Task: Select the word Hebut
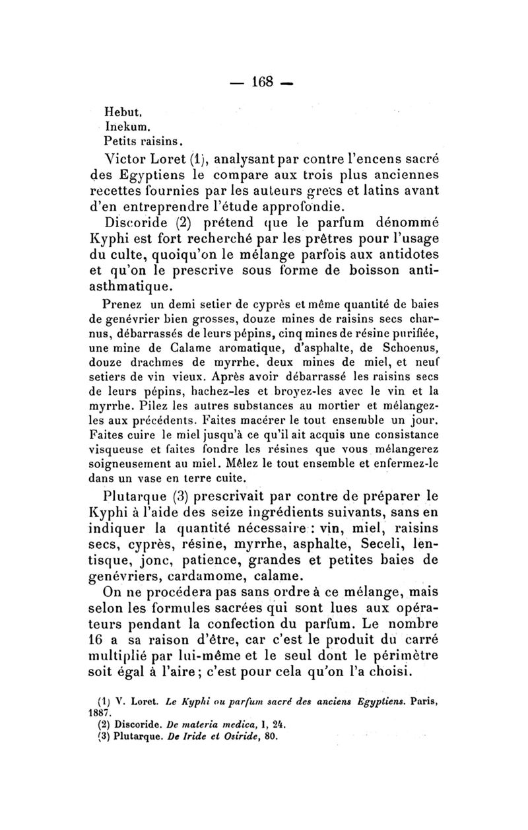(x=119, y=113)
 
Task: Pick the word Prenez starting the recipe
(x=122, y=304)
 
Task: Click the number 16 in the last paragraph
(x=96, y=639)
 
